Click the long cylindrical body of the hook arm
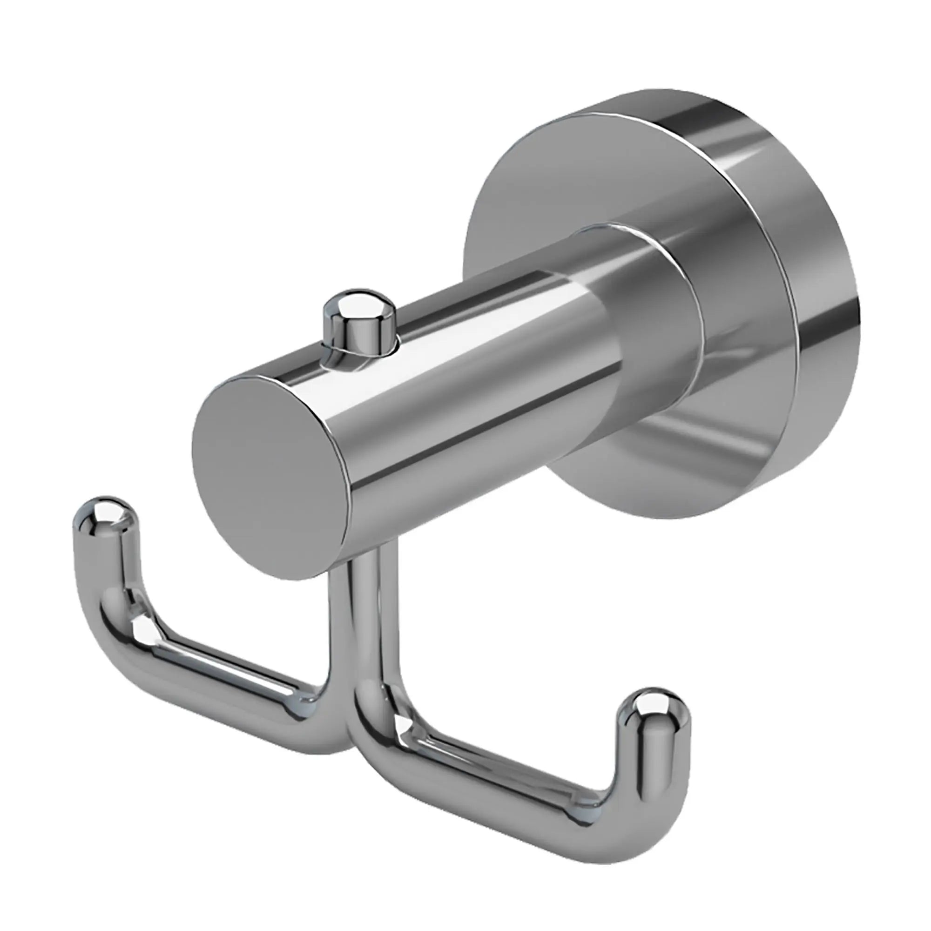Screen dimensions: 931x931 (458, 385)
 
